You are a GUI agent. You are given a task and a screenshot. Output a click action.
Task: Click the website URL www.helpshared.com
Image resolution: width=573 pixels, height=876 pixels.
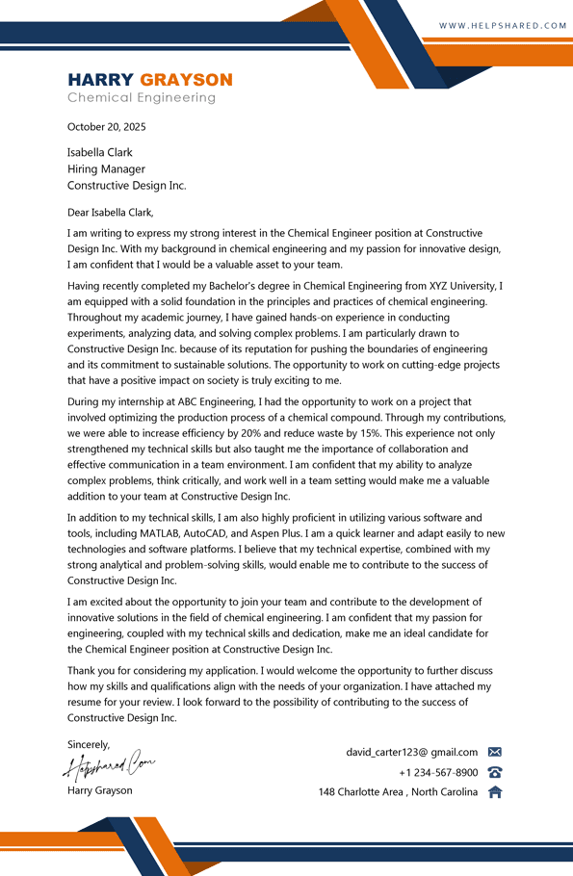pos(503,25)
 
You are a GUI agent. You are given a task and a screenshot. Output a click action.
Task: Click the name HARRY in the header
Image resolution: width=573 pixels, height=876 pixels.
pos(101,80)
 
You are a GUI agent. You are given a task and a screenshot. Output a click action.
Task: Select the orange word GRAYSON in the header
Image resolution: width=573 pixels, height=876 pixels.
pos(186,80)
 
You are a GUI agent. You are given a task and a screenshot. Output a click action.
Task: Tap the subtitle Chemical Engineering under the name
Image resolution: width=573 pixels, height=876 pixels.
pos(142,98)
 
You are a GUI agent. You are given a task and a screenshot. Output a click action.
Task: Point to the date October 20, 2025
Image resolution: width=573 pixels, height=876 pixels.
pos(106,127)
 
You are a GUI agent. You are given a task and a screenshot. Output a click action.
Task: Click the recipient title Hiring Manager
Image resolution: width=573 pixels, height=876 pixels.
pos(106,169)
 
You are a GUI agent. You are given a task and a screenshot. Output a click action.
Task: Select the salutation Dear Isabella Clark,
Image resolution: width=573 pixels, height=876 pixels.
pos(110,213)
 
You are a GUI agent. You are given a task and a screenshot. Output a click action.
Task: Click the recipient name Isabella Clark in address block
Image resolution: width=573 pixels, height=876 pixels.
pos(99,152)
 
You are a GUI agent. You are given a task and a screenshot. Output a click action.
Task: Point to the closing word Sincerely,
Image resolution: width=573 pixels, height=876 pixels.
pos(89,744)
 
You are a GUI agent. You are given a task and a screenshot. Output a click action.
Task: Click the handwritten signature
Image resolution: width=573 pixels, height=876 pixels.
pos(109,766)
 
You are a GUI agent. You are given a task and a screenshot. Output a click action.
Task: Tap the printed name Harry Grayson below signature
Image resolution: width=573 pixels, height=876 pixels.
pos(100,790)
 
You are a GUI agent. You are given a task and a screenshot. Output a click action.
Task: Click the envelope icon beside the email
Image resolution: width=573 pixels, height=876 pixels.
pos(495,752)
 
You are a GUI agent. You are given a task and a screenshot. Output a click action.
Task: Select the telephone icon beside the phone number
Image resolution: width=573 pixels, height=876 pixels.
pos(495,772)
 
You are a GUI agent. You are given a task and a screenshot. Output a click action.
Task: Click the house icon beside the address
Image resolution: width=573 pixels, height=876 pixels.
pos(495,792)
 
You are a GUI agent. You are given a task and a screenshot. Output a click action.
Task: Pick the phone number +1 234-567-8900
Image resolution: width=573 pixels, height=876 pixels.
pos(438,772)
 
